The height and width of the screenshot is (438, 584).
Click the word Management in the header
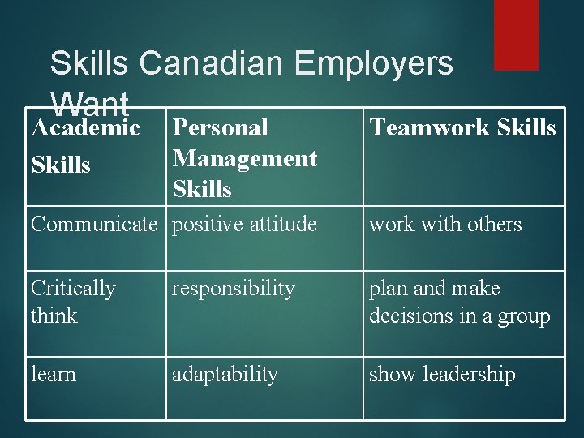[x=244, y=158]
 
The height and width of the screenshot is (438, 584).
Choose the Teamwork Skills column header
[x=462, y=127]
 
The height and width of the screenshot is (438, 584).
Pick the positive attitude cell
[x=244, y=225]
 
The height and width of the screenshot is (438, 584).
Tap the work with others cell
[x=445, y=225]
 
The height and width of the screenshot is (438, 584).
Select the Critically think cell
[x=73, y=302]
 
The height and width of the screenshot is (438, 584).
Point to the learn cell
[x=54, y=375]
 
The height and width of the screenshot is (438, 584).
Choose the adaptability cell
[x=224, y=375]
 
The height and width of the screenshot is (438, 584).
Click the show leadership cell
[x=442, y=375]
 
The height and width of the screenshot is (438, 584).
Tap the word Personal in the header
[x=221, y=127]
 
